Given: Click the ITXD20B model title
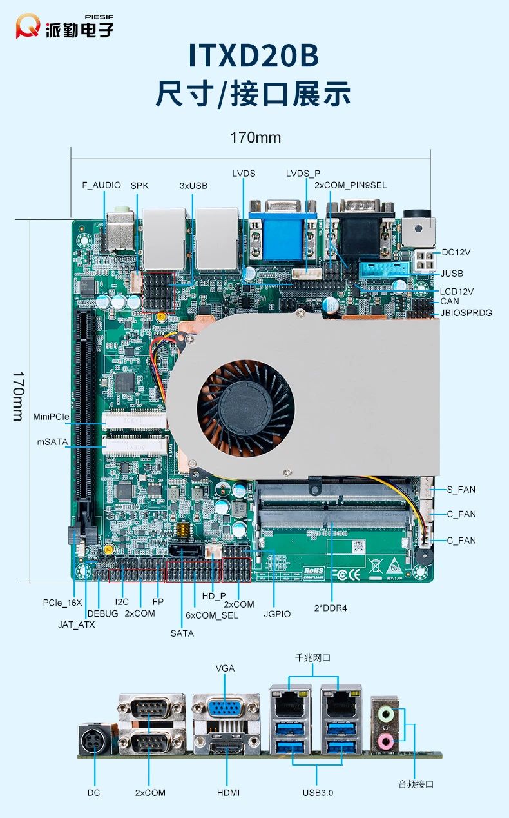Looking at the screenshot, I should click(254, 57).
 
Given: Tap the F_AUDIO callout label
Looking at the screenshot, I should click(101, 185).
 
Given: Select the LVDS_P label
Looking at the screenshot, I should click(303, 174).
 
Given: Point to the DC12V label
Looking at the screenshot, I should click(457, 252).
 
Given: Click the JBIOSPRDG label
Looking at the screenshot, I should click(466, 313).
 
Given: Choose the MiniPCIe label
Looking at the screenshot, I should click(51, 417).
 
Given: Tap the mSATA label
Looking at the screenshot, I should click(52, 442).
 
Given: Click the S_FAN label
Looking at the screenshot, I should click(461, 490).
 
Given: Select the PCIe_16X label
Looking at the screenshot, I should click(62, 603).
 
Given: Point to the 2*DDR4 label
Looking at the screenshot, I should click(332, 607).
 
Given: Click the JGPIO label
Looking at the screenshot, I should click(277, 614).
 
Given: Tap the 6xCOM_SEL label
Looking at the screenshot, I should click(212, 615).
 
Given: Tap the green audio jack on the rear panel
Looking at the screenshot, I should click(385, 714).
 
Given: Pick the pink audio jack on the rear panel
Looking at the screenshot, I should click(385, 741).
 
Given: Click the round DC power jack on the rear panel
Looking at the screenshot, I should click(94, 742).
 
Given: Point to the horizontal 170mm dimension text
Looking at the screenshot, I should click(255, 137).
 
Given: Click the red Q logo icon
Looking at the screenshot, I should click(28, 26).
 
